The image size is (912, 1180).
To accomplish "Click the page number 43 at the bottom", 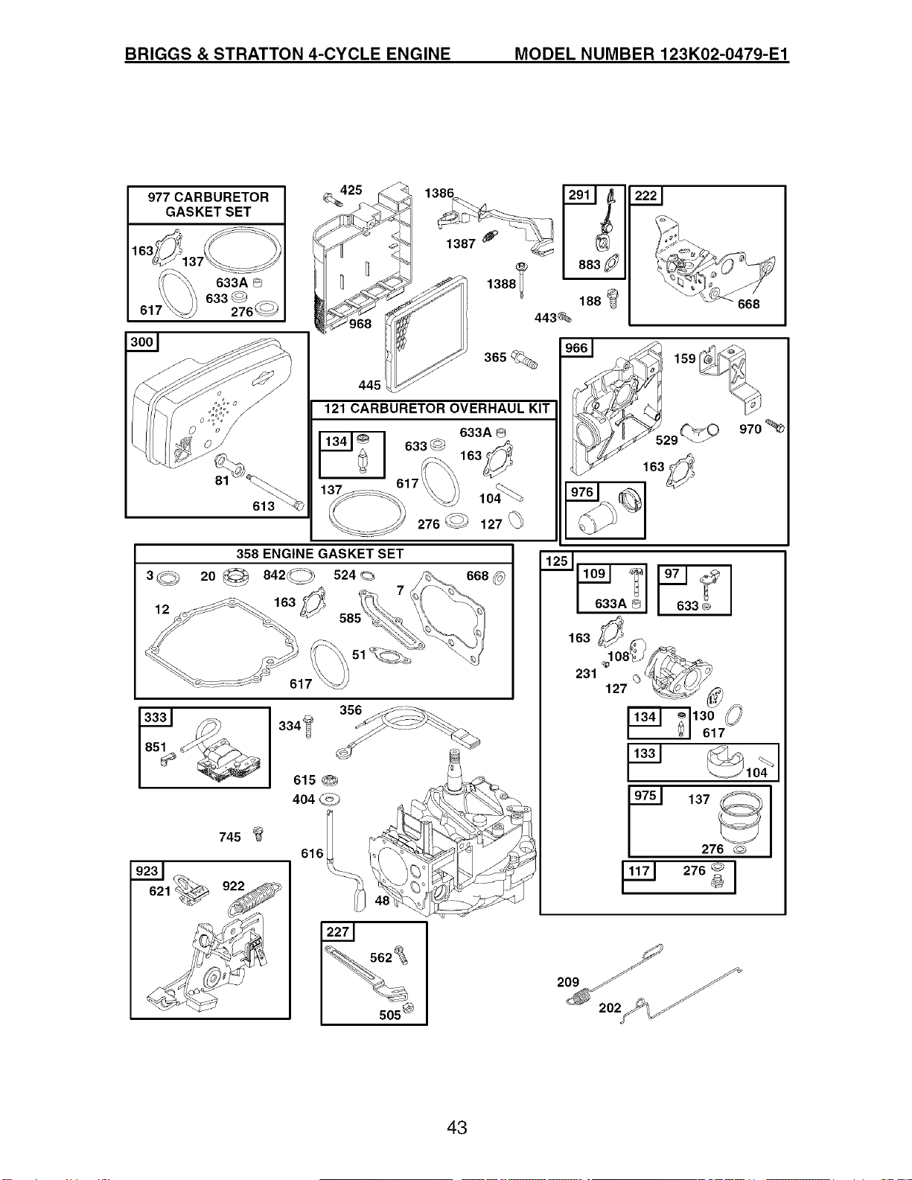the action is pyautogui.click(x=456, y=1128).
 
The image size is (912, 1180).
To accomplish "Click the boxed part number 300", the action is pyautogui.click(x=141, y=342).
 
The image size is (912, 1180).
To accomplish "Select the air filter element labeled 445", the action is pyautogui.click(x=426, y=334).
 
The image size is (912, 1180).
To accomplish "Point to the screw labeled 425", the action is pyautogui.click(x=332, y=200).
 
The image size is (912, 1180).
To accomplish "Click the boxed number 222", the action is pyautogui.click(x=646, y=196).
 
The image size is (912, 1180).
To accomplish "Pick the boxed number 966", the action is pyautogui.click(x=576, y=348).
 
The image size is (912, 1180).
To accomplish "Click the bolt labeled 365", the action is pyautogui.click(x=524, y=359).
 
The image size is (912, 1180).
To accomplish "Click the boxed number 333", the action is pyautogui.click(x=156, y=717).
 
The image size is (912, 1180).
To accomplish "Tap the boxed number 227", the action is pyautogui.click(x=338, y=932).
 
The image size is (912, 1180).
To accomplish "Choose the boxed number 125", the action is pyautogui.click(x=556, y=561).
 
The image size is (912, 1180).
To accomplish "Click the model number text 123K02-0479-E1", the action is pyautogui.click(x=724, y=54).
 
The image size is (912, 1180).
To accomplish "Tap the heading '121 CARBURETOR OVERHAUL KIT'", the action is pyautogui.click(x=437, y=409).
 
